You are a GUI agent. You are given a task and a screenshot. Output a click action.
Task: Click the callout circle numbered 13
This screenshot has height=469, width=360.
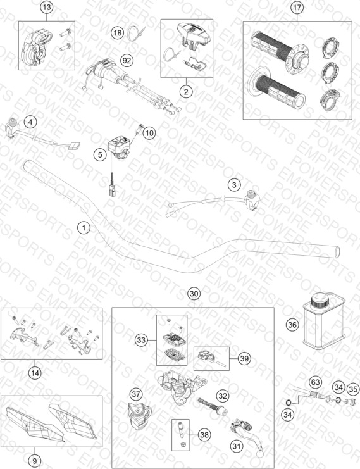tap(47, 7)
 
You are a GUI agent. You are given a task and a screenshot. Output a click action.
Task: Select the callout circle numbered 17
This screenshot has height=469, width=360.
tap(297, 7)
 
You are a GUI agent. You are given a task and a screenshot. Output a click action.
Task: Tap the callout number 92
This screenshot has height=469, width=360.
tap(127, 61)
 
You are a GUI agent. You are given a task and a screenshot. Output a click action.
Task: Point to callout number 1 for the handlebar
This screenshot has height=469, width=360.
tap(84, 228)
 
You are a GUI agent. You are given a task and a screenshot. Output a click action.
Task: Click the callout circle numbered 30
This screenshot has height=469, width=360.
tap(194, 294)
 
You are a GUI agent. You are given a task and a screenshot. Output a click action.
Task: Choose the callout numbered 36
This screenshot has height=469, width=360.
tap(292, 325)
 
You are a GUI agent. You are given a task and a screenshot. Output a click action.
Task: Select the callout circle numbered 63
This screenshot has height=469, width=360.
tap(316, 382)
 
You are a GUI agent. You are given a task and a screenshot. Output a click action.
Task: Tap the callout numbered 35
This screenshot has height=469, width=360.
tap(353, 389)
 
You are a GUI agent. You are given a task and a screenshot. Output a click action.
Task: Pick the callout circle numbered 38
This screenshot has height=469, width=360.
tap(204, 435)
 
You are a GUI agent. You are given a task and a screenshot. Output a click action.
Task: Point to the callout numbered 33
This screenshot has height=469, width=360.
tap(141, 340)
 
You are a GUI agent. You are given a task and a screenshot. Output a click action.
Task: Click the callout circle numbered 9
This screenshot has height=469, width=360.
tap(34, 461)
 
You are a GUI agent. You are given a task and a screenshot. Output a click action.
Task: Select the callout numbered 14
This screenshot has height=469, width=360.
tap(35, 373)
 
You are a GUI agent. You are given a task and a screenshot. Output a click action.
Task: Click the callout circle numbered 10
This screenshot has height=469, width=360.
tap(149, 132)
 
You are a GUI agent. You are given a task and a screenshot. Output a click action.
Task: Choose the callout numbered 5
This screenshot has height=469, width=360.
tap(100, 154)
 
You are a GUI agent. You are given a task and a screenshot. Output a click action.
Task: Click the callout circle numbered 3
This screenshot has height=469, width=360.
tap(234, 185)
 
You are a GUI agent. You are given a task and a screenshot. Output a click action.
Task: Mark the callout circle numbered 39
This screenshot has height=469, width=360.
tap(244, 358)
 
